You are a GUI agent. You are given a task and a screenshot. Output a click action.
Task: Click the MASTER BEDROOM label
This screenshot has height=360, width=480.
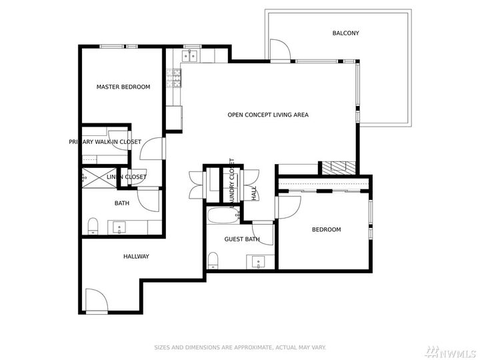(123, 87)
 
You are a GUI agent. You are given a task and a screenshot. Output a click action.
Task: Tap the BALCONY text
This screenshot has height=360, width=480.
(345, 33)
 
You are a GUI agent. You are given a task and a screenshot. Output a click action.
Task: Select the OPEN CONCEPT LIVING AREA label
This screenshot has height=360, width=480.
(267, 115)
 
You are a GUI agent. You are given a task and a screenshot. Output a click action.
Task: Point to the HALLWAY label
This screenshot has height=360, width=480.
(136, 257)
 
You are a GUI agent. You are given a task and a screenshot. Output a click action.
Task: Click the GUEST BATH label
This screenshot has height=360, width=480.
(242, 239)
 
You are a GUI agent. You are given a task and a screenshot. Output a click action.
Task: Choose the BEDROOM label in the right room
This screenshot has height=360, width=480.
(326, 230)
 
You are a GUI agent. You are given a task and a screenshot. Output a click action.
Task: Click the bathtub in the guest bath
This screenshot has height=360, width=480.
(220, 216)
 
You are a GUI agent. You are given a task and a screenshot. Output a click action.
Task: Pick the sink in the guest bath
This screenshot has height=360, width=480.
(260, 261)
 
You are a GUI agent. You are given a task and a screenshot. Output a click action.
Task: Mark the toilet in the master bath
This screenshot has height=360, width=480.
(93, 225)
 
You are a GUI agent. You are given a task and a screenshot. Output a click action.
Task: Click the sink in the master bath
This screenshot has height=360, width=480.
(120, 227)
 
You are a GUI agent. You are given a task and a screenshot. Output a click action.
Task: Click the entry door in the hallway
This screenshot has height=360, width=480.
(95, 301)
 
